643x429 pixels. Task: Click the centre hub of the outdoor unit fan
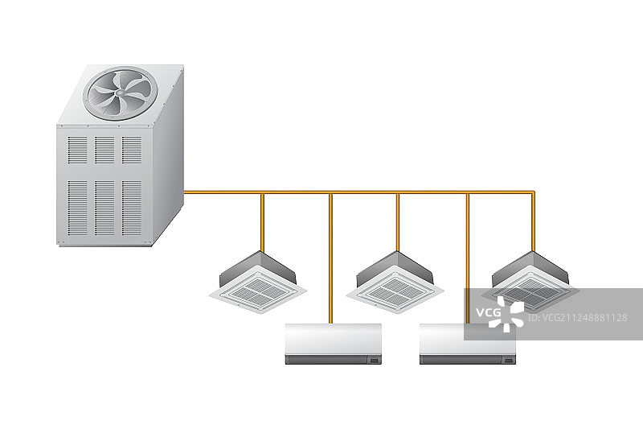click(x=120, y=93)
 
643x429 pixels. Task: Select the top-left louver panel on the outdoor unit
click(x=77, y=150)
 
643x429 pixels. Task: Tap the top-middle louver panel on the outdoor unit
click(x=104, y=150)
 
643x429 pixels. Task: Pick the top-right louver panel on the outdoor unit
click(x=132, y=150)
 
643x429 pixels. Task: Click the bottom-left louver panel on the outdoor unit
click(x=77, y=208)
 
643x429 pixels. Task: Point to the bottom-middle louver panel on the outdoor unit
click(x=104, y=208)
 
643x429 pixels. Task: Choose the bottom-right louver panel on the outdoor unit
click(x=132, y=208)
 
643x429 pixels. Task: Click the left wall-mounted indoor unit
click(x=334, y=344)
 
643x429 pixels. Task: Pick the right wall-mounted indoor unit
click(x=468, y=344)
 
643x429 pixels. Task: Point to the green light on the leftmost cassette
click(x=239, y=305)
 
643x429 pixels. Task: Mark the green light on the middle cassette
click(x=375, y=305)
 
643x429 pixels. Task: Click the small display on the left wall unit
click(x=374, y=361)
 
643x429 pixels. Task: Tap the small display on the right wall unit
click(x=509, y=361)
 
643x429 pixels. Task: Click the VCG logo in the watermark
click(x=500, y=314)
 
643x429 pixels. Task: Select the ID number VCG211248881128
click(x=577, y=317)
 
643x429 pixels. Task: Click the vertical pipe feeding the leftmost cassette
click(x=263, y=222)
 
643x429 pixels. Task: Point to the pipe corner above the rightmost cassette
click(x=533, y=192)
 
